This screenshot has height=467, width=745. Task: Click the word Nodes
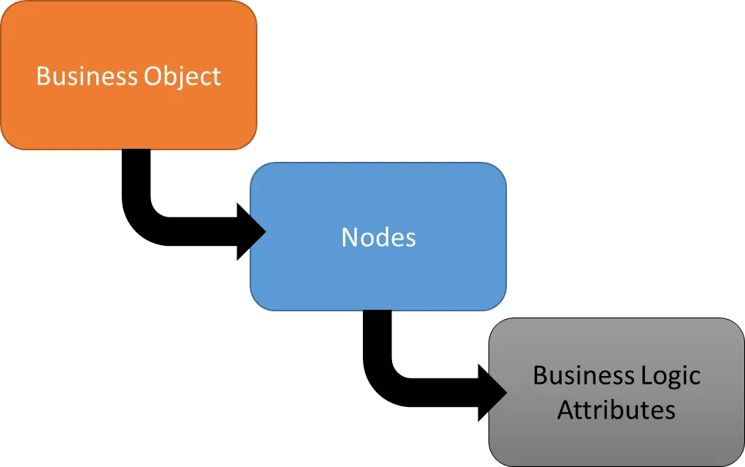tap(378, 237)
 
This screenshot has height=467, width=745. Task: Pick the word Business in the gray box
tap(583, 375)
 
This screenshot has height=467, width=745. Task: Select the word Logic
tap(669, 377)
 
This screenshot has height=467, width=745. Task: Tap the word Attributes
tap(616, 409)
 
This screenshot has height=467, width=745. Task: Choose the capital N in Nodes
tap(349, 237)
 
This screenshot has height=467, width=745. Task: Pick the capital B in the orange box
tap(43, 76)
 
